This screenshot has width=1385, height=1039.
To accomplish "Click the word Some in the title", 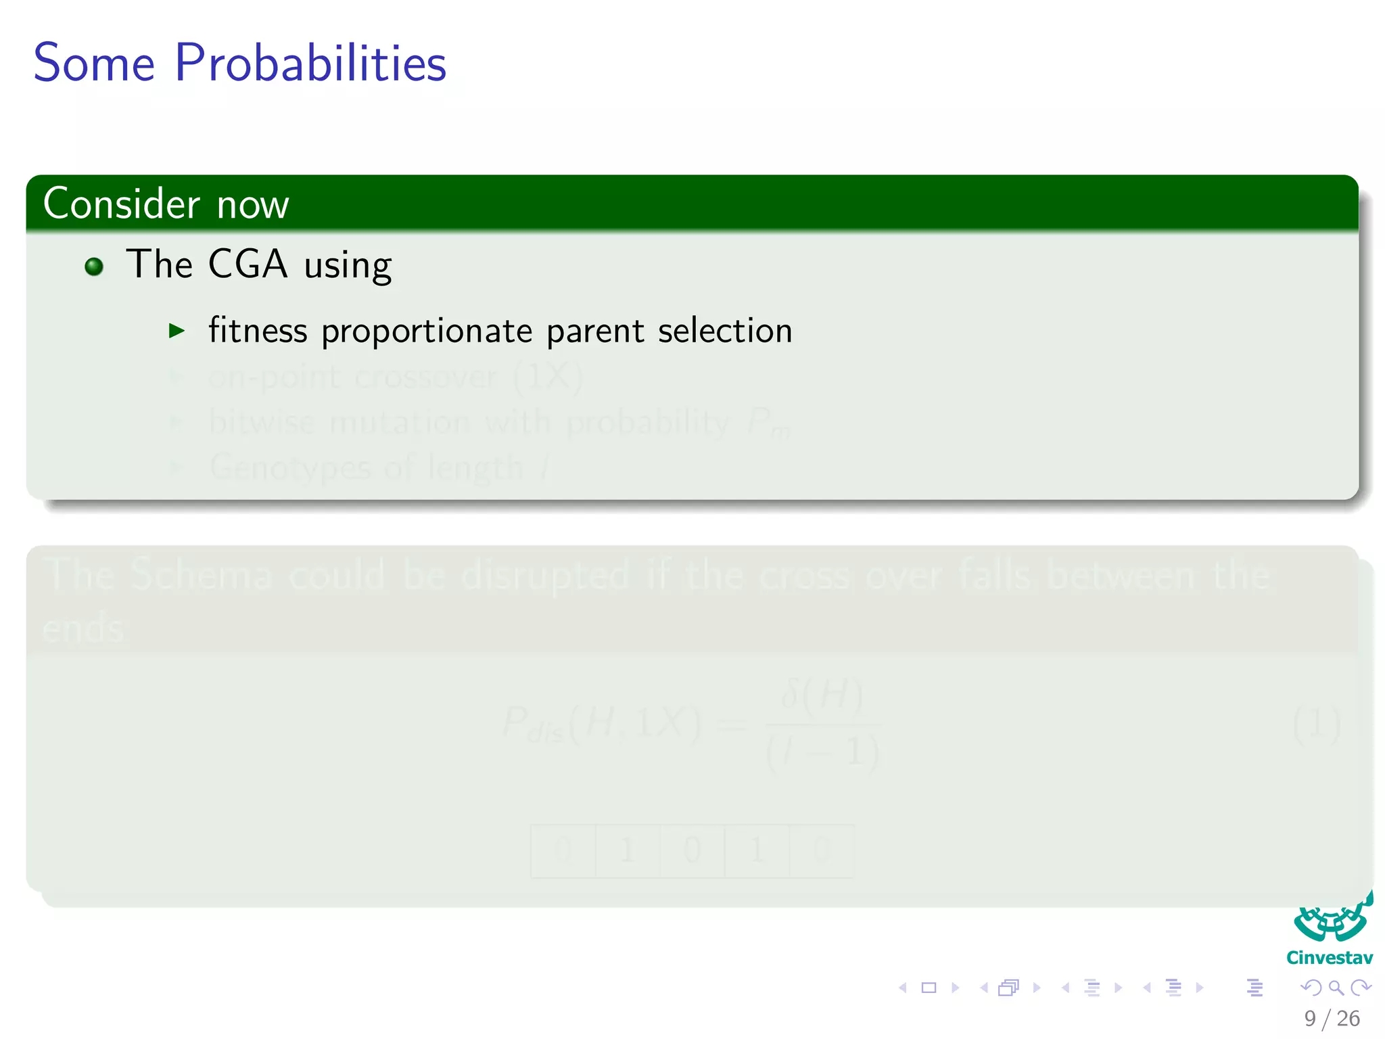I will pos(94,63).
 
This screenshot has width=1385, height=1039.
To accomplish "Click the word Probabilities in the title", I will pos(310,63).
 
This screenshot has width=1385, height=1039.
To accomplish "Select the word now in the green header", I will pos(253,205).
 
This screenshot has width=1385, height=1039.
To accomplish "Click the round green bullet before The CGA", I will pos(94,267).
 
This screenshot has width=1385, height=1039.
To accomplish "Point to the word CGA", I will pos(248,264).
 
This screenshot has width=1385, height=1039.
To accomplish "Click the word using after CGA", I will pos(348,266).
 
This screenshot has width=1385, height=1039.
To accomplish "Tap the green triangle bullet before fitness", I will pos(177,331).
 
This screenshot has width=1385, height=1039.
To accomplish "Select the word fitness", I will pos(258,331).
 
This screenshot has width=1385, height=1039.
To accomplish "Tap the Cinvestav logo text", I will pos(1330,958).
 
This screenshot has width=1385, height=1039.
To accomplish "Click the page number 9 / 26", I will pos(1332,1018).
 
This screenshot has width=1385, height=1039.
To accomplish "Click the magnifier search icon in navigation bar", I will pos(1336,988).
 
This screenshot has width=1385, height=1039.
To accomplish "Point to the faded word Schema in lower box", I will pos(202,575).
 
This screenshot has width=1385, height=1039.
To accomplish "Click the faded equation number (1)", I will pos(1316,724).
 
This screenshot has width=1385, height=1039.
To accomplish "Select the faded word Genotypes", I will pos(291,467).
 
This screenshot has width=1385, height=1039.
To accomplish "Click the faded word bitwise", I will pos(262,422).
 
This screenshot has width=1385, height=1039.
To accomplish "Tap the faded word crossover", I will pos(425,376).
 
